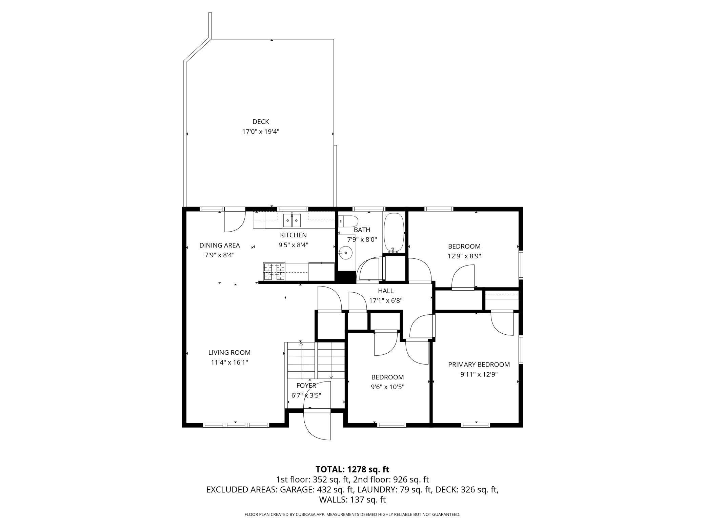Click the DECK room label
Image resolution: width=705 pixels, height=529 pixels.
click(261, 122)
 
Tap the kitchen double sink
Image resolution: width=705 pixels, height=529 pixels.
click(292, 221)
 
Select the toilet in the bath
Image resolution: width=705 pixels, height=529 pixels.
click(349, 221)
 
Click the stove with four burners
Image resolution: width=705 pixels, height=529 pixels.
click(274, 272)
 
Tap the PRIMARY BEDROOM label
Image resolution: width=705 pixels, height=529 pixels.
click(479, 365)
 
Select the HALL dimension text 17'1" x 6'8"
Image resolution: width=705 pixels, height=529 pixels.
click(386, 300)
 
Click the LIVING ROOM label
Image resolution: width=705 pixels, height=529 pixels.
click(229, 353)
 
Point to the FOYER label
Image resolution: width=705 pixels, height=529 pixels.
click(306, 386)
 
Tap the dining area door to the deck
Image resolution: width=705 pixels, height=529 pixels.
click(235, 221)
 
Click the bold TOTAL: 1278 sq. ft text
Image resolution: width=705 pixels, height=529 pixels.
click(352, 469)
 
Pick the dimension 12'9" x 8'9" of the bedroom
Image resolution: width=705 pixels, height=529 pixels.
click(464, 256)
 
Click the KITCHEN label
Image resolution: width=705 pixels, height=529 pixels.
click(293, 235)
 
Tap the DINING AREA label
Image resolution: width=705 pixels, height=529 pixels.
click(219, 245)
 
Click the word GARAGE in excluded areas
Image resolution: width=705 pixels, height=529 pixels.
click(297, 490)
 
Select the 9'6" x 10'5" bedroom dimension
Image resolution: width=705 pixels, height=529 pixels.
click(387, 387)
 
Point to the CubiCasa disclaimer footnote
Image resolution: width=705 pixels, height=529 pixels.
click(352, 514)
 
